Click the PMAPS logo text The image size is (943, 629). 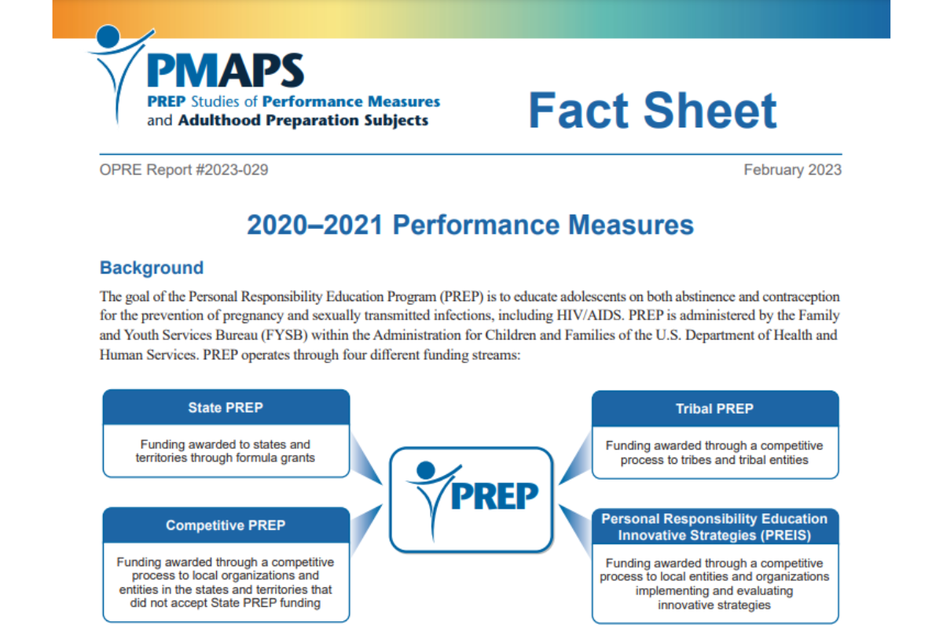tap(225, 71)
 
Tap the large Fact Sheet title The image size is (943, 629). tap(652, 110)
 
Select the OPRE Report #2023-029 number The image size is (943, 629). tap(184, 170)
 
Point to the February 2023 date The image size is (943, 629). tap(792, 170)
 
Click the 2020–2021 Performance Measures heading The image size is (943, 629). tap(470, 226)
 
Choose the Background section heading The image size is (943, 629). tap(152, 268)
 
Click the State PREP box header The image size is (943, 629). tap(226, 408)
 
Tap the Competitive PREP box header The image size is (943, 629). tap(226, 525)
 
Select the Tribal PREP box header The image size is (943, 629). tap(714, 409)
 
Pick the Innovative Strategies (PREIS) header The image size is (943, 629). tap(714, 528)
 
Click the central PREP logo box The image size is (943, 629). tap(472, 499)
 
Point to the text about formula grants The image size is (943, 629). tap(226, 451)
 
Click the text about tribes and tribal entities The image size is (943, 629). tap(714, 452)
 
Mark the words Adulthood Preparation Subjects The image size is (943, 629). tap(303, 121)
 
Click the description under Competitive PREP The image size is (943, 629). tap(226, 583)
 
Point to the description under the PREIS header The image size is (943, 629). tap(714, 583)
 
